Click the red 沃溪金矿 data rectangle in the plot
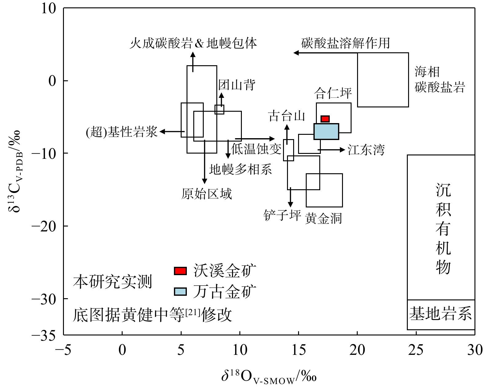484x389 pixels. coord(325,119)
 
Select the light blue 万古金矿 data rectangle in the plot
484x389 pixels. coord(326,131)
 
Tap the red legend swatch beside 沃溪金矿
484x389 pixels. coord(180,271)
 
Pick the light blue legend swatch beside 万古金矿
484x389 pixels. coord(180,292)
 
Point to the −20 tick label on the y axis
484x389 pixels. coord(44,227)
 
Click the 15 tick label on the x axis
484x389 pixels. coord(299,350)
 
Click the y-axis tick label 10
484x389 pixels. coord(49,9)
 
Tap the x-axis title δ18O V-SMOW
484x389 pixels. coord(269,376)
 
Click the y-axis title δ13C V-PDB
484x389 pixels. coord(14,171)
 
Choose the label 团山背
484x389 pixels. coord(237,85)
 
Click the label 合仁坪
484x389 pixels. coord(333,93)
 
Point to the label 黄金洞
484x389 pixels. coord(323,218)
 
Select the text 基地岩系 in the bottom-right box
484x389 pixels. coord(440,314)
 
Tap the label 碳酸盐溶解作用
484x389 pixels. coord(345,43)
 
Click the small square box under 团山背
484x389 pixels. coord(219,110)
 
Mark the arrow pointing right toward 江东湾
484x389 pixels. coord(331,150)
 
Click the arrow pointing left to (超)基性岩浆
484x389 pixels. coord(172,131)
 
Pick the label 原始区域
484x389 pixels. coord(207,194)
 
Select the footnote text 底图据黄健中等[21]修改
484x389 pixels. coord(152,315)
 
